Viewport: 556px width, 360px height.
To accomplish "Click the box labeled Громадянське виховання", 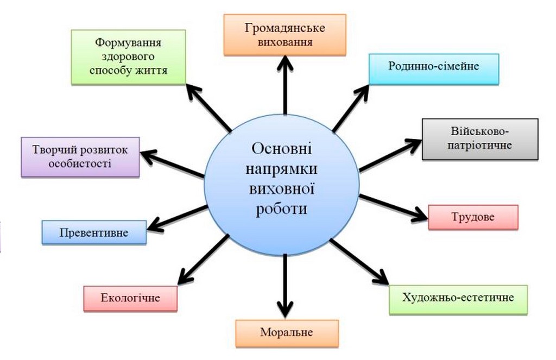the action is point(285,35).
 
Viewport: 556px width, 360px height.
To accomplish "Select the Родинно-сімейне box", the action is point(434,69).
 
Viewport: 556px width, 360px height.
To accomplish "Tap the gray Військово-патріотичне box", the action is point(480,139).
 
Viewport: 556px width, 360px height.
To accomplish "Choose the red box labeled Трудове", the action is point(473,217).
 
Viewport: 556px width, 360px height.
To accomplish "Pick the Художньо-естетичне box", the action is point(458,299).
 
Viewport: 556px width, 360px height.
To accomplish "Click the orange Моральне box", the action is point(287,333).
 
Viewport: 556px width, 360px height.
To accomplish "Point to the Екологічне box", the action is point(130,298).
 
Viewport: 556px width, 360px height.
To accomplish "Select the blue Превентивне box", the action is point(94,232).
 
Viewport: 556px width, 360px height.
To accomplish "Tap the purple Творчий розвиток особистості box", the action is point(80,157).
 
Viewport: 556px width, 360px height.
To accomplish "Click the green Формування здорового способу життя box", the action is point(128,57).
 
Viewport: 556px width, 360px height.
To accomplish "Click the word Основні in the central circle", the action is point(282,149).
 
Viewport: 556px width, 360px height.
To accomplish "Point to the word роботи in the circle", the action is point(282,209).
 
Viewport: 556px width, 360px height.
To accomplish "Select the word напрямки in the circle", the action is point(282,169).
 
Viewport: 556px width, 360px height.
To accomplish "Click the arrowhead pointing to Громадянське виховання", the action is point(285,63).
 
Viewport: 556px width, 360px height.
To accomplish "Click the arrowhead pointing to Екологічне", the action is point(185,276).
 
